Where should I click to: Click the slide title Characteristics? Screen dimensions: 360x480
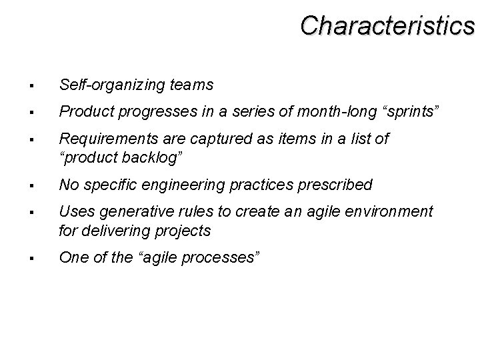[x=387, y=25]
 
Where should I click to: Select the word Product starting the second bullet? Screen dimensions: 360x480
[x=81, y=110]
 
